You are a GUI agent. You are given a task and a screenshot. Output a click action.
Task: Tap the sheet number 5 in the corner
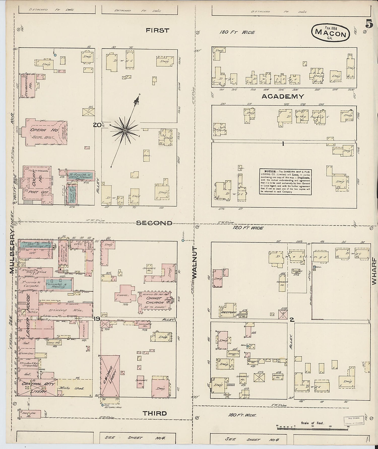pyautogui.click(x=369, y=25)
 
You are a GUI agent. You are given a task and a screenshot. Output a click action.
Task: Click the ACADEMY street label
pyautogui.click(x=283, y=96)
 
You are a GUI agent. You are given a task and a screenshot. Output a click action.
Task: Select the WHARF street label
pyautogui.click(x=374, y=271)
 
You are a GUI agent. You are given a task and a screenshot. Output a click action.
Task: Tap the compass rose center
pyautogui.click(x=124, y=130)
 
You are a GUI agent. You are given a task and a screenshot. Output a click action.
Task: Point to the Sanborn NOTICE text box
pyautogui.click(x=285, y=182)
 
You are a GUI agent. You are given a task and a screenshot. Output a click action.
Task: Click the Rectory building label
pyautogui.click(x=228, y=312)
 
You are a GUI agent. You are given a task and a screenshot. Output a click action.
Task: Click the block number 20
pyautogui.click(x=97, y=125)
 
